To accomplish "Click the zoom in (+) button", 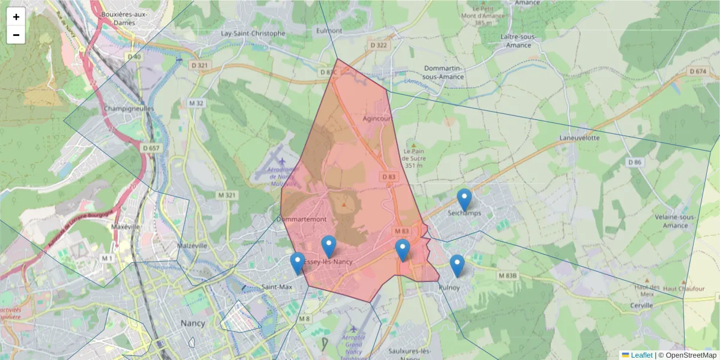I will pos(16,17).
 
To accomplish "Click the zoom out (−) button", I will pos(16,35).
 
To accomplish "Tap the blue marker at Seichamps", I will pos(464,200).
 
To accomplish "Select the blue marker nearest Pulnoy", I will pos(457,266).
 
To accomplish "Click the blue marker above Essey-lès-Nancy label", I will pos(328,247).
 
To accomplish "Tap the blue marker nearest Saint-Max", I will pos(298,263).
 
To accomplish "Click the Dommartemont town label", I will pos(302,220).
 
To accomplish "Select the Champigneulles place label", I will pos(129,109).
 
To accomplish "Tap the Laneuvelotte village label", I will pos(579,137).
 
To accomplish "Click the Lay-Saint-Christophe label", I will pos(253,34).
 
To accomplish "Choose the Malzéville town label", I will pos(192,245).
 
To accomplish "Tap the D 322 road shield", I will pos(379,45).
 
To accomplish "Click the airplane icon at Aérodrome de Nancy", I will pos(282,161).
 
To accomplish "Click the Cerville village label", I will pos(641,305).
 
